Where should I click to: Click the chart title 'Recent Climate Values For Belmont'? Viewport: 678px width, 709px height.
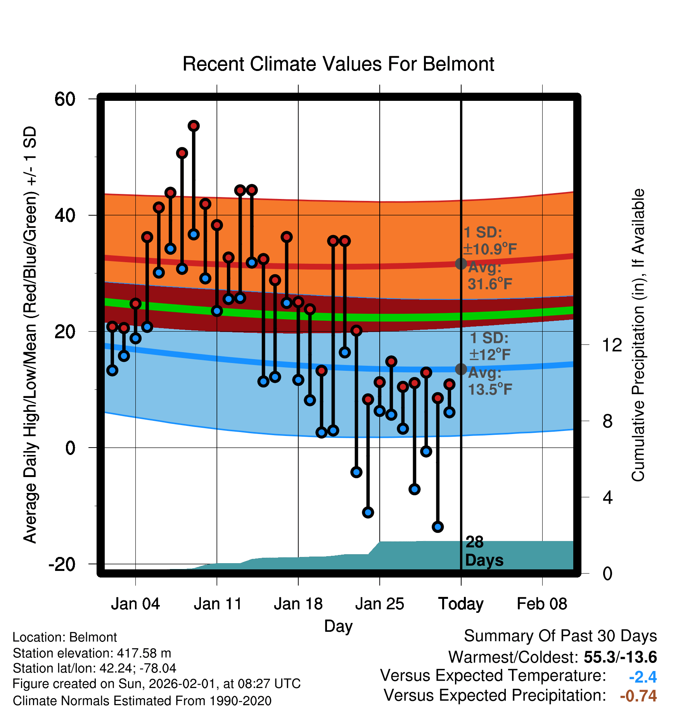(x=338, y=64)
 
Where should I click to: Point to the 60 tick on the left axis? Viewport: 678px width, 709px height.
(x=65, y=99)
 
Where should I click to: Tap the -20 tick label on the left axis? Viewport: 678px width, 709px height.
(x=62, y=564)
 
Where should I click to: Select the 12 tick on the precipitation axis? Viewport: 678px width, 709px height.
(x=612, y=345)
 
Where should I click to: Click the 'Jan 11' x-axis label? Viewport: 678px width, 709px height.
(x=217, y=604)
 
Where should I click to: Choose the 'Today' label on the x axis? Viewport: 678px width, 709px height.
(x=461, y=604)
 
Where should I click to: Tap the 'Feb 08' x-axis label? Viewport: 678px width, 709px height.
(x=542, y=604)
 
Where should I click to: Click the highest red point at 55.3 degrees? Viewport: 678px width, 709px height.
(x=194, y=126)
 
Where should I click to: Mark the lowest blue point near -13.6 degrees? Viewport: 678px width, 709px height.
(x=438, y=527)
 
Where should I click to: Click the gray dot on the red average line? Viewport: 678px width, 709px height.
(x=461, y=264)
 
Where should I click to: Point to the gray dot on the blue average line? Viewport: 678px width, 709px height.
(x=461, y=369)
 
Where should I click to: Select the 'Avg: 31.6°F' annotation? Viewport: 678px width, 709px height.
(x=489, y=276)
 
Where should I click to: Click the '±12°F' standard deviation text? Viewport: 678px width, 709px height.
(x=489, y=354)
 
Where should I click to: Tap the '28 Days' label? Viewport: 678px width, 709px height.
(x=484, y=551)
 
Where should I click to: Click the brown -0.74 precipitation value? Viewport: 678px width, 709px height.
(x=638, y=696)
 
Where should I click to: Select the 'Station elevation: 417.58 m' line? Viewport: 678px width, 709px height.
(x=92, y=653)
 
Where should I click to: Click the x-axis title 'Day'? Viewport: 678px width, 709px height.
(x=338, y=626)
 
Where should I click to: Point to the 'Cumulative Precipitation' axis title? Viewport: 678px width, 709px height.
(x=638, y=335)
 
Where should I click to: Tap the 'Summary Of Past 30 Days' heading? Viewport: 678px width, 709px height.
(x=560, y=636)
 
